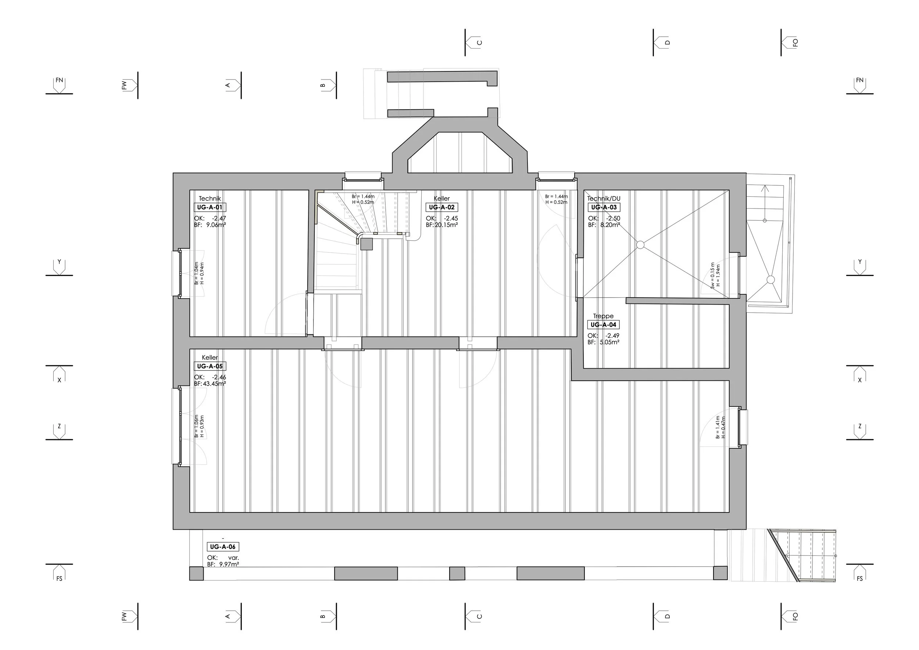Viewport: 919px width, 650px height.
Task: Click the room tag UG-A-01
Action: pos(210,207)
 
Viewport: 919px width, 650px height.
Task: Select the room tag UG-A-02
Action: pos(441,207)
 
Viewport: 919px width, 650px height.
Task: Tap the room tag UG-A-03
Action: pos(604,207)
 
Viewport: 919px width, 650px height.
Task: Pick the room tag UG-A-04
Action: pos(603,325)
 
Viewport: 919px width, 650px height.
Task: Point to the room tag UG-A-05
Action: pos(210,366)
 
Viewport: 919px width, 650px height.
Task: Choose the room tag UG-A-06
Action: pos(222,547)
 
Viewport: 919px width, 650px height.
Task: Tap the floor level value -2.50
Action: pos(613,218)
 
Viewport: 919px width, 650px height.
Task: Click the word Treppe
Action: pos(603,316)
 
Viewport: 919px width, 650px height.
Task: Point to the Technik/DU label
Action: pos(604,199)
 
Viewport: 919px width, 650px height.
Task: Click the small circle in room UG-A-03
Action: pos(640,245)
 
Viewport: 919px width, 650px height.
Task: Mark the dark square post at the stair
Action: pos(366,244)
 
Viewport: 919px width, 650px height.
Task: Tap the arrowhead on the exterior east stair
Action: pos(765,188)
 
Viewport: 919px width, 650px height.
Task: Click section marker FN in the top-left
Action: pos(59,85)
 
